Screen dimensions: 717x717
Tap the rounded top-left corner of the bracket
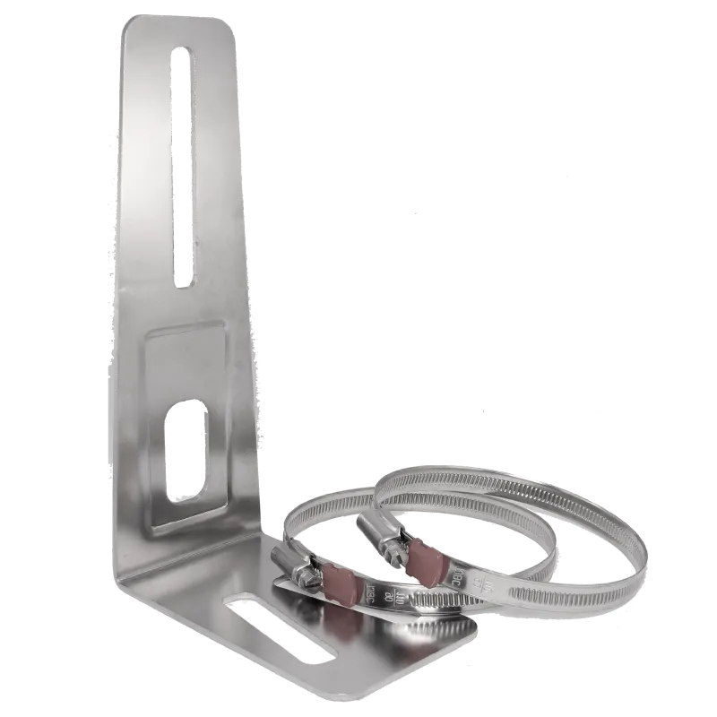(x=133, y=27)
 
